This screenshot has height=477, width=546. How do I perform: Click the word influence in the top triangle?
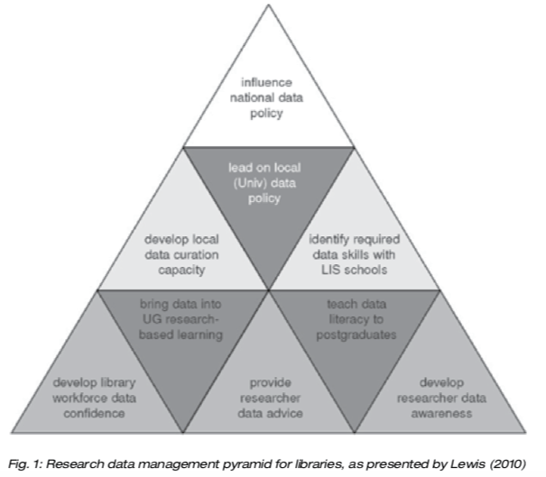(268, 83)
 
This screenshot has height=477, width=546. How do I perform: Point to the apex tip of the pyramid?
(269, 5)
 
